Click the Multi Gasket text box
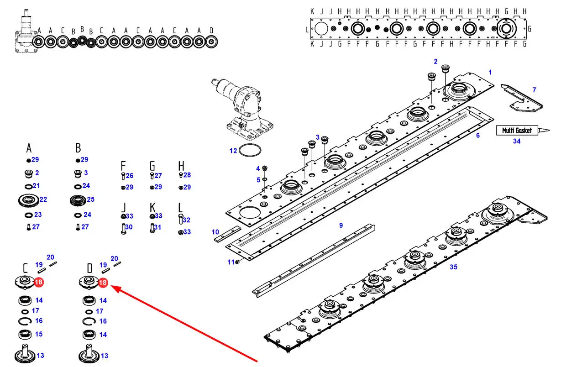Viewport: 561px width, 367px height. pos(517,131)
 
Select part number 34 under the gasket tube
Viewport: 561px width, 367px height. pos(516,142)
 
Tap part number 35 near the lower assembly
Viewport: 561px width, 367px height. pos(453,267)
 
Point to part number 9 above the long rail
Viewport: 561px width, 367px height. pos(341,225)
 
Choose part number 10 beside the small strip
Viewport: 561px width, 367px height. pos(215,232)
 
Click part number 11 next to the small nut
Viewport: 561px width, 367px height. pos(231,262)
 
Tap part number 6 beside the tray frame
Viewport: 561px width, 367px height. pos(478,136)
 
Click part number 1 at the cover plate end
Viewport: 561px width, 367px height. pos(490,72)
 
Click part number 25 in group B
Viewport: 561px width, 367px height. pos(90,199)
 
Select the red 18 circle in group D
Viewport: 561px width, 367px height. pos(103,283)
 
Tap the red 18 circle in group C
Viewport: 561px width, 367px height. pos(39,283)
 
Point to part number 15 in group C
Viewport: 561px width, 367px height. pos(39,334)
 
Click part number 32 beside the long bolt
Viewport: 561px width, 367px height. pos(186,220)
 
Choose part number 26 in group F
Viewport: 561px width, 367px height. pos(129,176)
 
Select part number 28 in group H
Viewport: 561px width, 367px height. pos(187,175)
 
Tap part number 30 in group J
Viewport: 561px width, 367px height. pos(129,227)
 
